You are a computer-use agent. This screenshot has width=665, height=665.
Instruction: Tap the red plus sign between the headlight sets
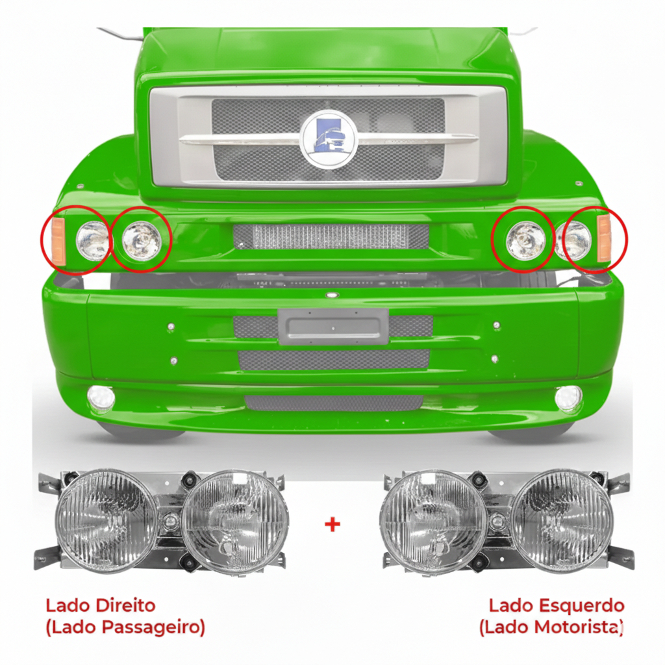332,525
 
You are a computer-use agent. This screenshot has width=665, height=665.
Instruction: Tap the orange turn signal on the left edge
58,241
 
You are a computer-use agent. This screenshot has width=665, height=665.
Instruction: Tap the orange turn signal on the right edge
603,238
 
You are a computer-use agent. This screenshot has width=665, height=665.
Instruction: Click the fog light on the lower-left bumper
101,398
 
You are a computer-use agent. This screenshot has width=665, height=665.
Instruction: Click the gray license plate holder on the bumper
333,326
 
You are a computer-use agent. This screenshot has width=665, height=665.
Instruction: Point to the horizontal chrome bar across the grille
329,139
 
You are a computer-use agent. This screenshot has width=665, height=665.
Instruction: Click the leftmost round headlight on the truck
92,241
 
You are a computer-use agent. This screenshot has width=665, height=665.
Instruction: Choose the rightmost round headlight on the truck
573,240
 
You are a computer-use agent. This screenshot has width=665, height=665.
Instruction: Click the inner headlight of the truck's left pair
141,240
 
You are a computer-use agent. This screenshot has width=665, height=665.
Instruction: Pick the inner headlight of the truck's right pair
526,240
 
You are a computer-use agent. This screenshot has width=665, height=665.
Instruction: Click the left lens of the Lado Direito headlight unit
107,521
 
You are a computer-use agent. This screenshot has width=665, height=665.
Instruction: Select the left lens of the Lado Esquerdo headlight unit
433,521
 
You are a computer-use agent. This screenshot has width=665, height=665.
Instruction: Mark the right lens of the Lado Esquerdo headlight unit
562,521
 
